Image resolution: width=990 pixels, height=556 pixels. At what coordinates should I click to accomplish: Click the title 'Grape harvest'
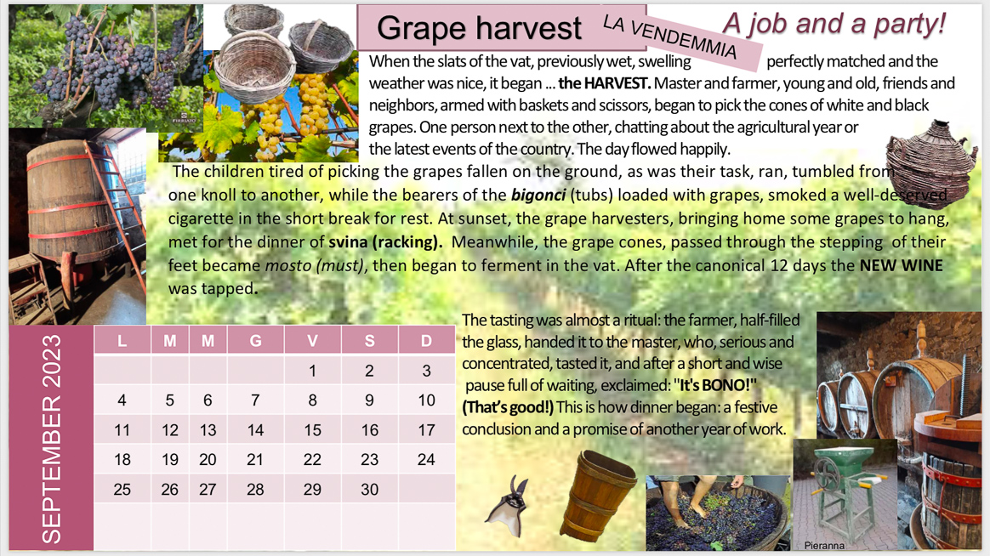pyautogui.click(x=479, y=28)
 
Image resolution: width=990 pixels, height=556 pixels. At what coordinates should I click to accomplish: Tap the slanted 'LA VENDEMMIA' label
pyautogui.click(x=670, y=37)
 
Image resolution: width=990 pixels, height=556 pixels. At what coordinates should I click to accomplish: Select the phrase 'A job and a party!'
pyautogui.click(x=834, y=23)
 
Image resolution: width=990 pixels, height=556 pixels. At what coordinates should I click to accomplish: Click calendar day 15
pyautogui.click(x=312, y=430)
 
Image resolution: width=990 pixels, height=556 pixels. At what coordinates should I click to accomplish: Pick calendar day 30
pyautogui.click(x=369, y=489)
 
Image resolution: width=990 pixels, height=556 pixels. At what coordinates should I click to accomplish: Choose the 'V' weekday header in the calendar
pyautogui.click(x=312, y=341)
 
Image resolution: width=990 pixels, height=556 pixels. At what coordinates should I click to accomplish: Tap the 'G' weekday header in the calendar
pyautogui.click(x=255, y=341)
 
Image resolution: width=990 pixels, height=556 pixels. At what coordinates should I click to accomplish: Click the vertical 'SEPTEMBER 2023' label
pyautogui.click(x=51, y=439)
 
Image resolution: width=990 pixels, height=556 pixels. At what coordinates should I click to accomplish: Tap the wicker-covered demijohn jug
pyautogui.click(x=930, y=164)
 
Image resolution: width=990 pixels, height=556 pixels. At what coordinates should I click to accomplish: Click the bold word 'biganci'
pyautogui.click(x=538, y=195)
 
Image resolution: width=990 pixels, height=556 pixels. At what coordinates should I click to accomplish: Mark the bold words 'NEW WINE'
pyautogui.click(x=901, y=266)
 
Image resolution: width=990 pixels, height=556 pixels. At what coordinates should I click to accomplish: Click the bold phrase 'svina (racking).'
pyautogui.click(x=385, y=242)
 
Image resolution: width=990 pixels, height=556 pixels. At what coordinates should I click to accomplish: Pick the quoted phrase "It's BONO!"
pyautogui.click(x=714, y=385)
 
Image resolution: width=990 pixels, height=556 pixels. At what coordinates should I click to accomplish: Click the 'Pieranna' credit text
pyautogui.click(x=824, y=545)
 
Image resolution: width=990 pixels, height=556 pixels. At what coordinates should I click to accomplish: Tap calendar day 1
pyautogui.click(x=312, y=371)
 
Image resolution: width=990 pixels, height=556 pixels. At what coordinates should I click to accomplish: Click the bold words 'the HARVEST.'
pyautogui.click(x=604, y=83)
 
